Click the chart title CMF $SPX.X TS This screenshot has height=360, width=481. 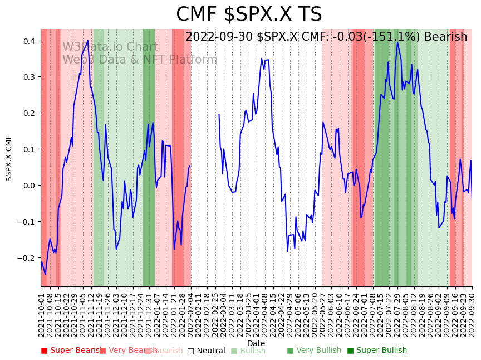249,14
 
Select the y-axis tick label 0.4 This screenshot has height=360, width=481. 29,41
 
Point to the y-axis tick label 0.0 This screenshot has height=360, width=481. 29,186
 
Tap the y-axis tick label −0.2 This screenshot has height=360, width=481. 27,258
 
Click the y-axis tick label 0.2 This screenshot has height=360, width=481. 29,113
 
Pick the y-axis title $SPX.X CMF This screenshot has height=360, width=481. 9,158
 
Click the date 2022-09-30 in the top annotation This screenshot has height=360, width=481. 219,37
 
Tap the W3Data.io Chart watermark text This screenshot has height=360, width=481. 110,47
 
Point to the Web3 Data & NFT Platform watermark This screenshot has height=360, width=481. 140,60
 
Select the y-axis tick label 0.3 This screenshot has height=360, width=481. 29,77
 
